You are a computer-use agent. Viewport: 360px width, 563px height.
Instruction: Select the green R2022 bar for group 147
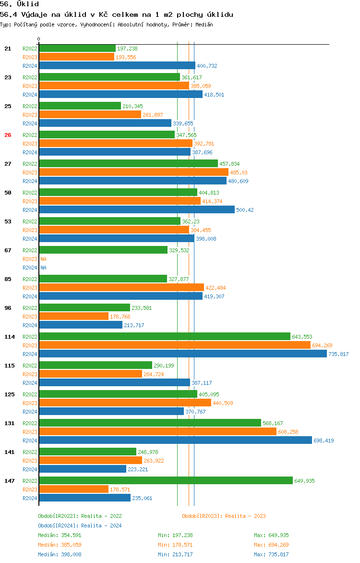(166, 481)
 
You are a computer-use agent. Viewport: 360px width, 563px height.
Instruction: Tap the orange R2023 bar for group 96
(73, 317)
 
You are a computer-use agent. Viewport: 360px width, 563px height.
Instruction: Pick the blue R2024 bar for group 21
(117, 66)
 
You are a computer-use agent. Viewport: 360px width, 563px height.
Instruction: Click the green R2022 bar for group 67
(103, 250)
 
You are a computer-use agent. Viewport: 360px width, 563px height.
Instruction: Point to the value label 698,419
(324, 441)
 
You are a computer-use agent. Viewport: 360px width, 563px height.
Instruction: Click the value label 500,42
(245, 210)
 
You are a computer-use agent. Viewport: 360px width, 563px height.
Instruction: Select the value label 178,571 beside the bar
(120, 490)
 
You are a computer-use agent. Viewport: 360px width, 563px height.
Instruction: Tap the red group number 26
(8, 135)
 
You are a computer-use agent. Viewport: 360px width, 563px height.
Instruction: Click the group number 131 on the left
(9, 423)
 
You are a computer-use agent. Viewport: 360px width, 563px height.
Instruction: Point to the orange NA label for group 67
(43, 259)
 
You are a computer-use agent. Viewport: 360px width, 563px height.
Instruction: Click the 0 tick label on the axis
(39, 39)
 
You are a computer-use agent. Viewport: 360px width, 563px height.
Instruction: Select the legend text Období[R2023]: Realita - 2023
(224, 516)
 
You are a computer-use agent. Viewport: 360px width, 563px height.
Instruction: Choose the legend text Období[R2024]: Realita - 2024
(80, 526)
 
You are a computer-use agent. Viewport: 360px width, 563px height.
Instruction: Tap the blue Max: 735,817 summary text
(271, 554)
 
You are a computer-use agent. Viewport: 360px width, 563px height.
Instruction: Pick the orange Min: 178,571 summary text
(175, 545)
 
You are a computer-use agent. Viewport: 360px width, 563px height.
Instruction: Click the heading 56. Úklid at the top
(19, 4)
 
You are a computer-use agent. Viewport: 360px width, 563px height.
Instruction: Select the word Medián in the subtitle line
(204, 24)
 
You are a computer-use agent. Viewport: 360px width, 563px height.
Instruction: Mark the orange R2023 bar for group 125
(125, 403)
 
